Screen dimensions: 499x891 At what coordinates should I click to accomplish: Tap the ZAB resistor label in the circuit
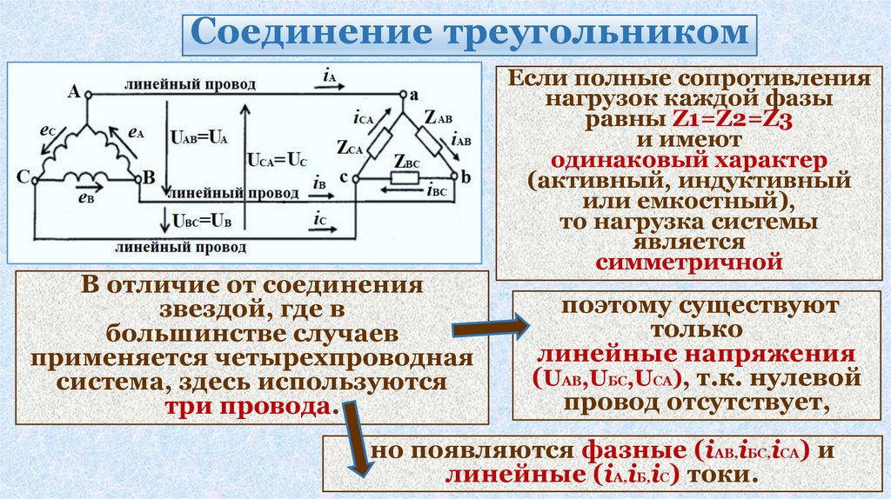coord(438,116)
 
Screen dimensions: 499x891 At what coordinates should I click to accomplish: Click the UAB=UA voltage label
coord(200,137)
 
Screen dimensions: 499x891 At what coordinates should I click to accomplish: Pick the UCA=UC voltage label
coord(277,161)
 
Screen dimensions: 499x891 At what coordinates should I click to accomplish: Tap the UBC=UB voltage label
coord(203,221)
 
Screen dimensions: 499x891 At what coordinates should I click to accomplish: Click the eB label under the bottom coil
coord(85,197)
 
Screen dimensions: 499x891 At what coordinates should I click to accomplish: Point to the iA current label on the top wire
coord(329,77)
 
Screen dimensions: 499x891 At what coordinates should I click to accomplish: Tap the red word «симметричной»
coord(685,261)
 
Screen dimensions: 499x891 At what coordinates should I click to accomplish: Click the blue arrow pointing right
coord(491,328)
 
